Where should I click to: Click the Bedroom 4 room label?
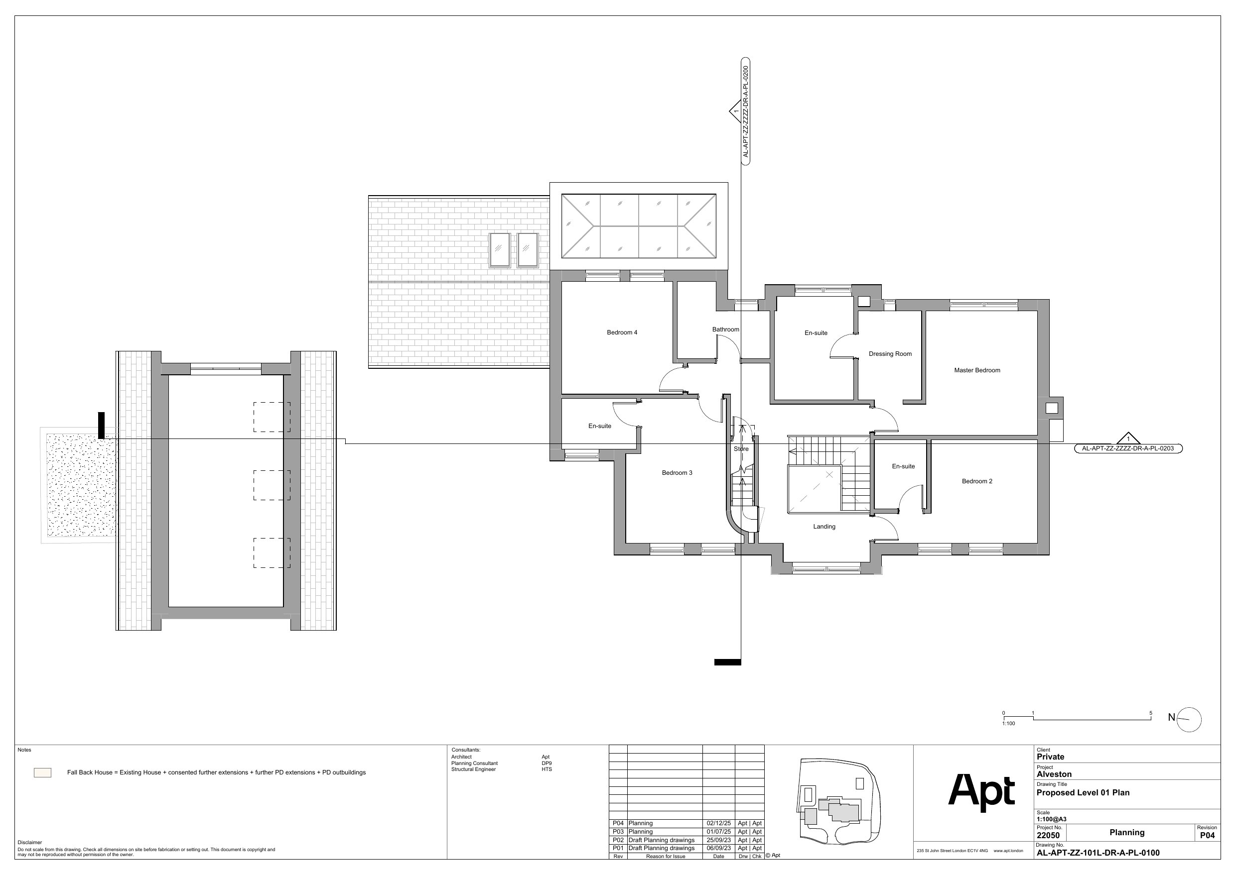(622, 332)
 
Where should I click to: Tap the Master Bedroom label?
(977, 370)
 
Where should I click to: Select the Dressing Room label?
(890, 354)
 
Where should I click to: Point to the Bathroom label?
(726, 329)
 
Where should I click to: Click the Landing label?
(824, 527)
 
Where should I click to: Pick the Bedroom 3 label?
(677, 473)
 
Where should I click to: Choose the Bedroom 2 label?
(977, 481)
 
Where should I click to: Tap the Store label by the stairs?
(741, 448)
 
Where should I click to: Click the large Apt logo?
(981, 792)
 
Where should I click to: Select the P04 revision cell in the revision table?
(618, 823)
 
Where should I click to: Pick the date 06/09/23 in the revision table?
(719, 848)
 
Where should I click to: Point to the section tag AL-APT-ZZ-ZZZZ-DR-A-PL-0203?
(1128, 448)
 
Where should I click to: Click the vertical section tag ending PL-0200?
(746, 111)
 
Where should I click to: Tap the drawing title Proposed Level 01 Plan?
(1083, 792)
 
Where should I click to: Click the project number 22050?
(1048, 835)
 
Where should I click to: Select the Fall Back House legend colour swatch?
(42, 772)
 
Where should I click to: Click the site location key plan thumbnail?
(840, 800)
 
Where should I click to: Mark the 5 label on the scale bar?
(1151, 713)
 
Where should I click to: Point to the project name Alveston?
(1054, 774)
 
